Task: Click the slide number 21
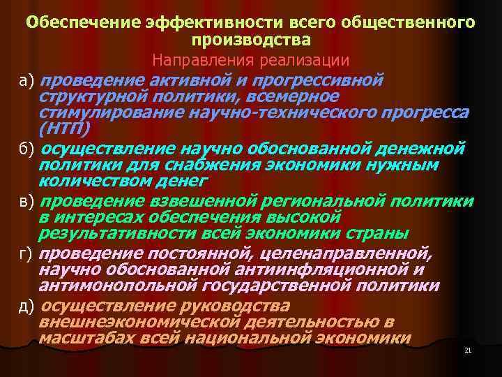click(x=468, y=350)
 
